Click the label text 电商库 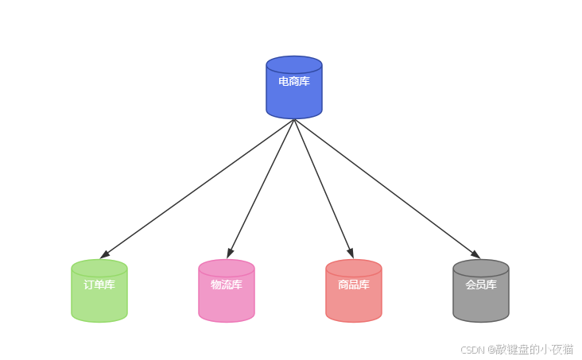pyautogui.click(x=294, y=81)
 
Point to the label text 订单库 pyautogui.click(x=99, y=285)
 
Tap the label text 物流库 pyautogui.click(x=227, y=285)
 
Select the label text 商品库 pyautogui.click(x=354, y=285)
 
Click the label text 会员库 pyautogui.click(x=481, y=285)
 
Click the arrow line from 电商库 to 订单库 pyautogui.click(x=199, y=188)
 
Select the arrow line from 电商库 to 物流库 pyautogui.click(x=262, y=188)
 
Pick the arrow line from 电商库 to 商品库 pyautogui.click(x=323, y=188)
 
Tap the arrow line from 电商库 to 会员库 pyautogui.click(x=386, y=188)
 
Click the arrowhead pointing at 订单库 pyautogui.click(x=104, y=254)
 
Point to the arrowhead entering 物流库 pyautogui.click(x=230, y=254)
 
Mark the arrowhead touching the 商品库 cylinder pyautogui.click(x=350, y=254)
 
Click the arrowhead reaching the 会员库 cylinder pyautogui.click(x=475, y=254)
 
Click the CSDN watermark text pyautogui.click(x=517, y=350)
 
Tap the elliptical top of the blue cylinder pyautogui.click(x=294, y=64)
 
